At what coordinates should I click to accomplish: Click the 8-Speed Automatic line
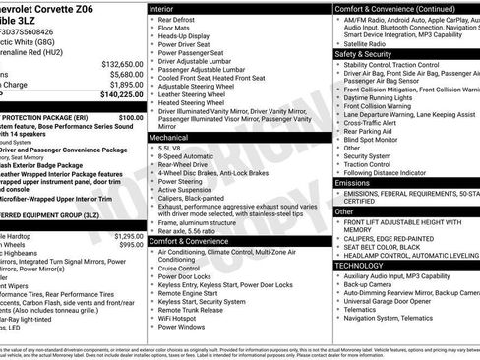tap(189, 155)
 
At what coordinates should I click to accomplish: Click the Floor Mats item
tap(175, 28)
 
